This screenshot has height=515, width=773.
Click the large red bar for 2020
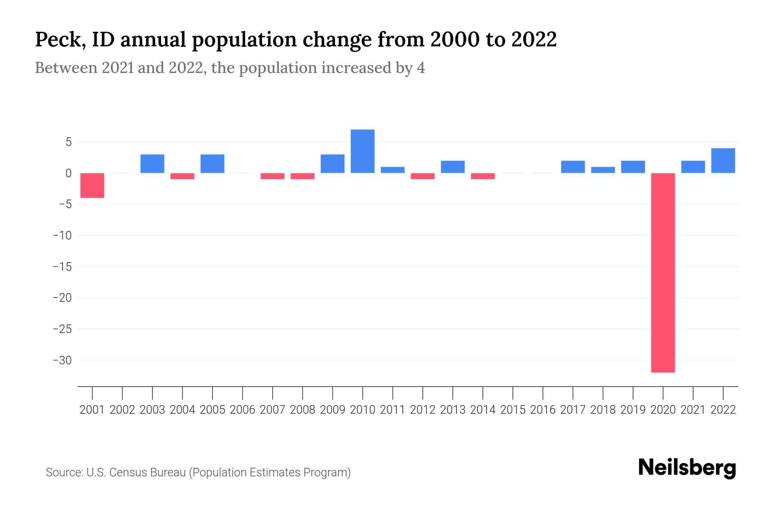[663, 273]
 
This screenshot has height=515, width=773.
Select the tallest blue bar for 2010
[362, 151]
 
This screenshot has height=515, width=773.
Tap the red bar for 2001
[92, 185]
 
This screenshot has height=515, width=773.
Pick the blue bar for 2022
[723, 161]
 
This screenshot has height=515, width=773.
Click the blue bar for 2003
[152, 164]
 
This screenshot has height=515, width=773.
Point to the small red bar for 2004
[183, 176]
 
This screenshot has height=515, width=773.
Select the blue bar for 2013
[453, 167]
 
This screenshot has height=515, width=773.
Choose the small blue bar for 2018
[603, 170]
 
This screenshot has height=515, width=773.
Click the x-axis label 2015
[513, 410]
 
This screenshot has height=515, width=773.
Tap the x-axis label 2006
[243, 410]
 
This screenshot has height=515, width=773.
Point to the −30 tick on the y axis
[62, 360]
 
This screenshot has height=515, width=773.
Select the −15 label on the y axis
[62, 267]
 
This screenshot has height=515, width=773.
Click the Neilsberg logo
[687, 468]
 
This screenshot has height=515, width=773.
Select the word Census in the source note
[128, 473]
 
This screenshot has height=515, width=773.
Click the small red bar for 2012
[423, 176]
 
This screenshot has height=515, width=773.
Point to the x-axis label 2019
[633, 410]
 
